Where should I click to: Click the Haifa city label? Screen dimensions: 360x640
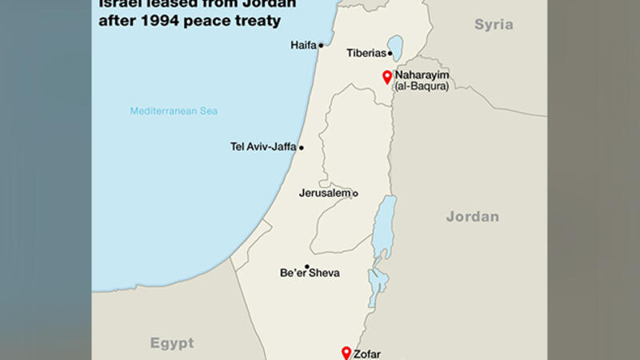pos(303,46)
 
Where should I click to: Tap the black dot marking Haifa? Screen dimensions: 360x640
pos(321,46)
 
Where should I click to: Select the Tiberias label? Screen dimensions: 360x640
pos(366,54)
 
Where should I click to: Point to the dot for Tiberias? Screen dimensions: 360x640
pos(390,54)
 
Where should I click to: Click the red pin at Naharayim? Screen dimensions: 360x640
pos(387,76)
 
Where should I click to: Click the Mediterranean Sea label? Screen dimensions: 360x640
pos(174,111)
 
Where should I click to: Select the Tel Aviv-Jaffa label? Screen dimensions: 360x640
pos(262,147)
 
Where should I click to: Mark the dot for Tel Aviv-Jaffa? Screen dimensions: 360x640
pos(302,147)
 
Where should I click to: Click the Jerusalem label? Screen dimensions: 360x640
pos(325,194)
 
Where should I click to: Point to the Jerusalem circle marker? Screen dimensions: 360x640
pos(355,194)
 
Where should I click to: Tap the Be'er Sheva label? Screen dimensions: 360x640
pos(310,274)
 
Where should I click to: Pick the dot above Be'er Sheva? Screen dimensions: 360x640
pos(306,266)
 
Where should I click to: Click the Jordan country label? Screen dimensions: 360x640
pos(472,217)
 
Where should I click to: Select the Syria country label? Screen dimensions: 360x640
pos(494,25)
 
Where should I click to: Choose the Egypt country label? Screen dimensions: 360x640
pos(172,343)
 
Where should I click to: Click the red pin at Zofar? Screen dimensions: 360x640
pos(346,352)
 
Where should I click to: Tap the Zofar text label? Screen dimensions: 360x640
pos(367,354)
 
